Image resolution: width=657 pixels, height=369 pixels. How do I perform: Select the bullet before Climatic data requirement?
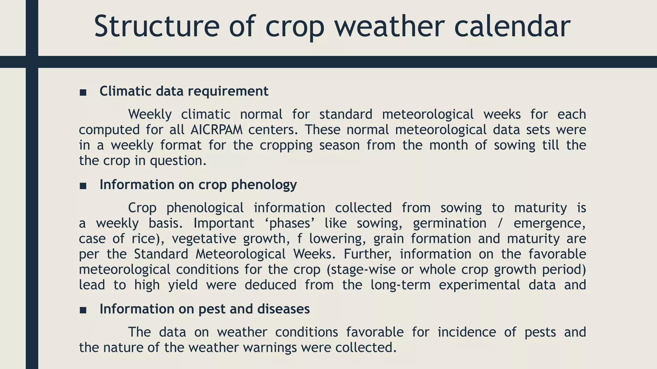[83, 93]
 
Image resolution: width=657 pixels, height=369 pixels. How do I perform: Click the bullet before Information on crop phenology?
[83, 186]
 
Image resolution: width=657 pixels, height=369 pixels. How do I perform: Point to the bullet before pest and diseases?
[83, 310]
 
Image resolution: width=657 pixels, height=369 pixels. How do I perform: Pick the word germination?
[449, 223]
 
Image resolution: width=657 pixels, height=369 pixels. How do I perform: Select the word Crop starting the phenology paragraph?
[142, 208]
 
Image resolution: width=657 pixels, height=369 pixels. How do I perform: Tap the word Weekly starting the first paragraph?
[150, 114]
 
